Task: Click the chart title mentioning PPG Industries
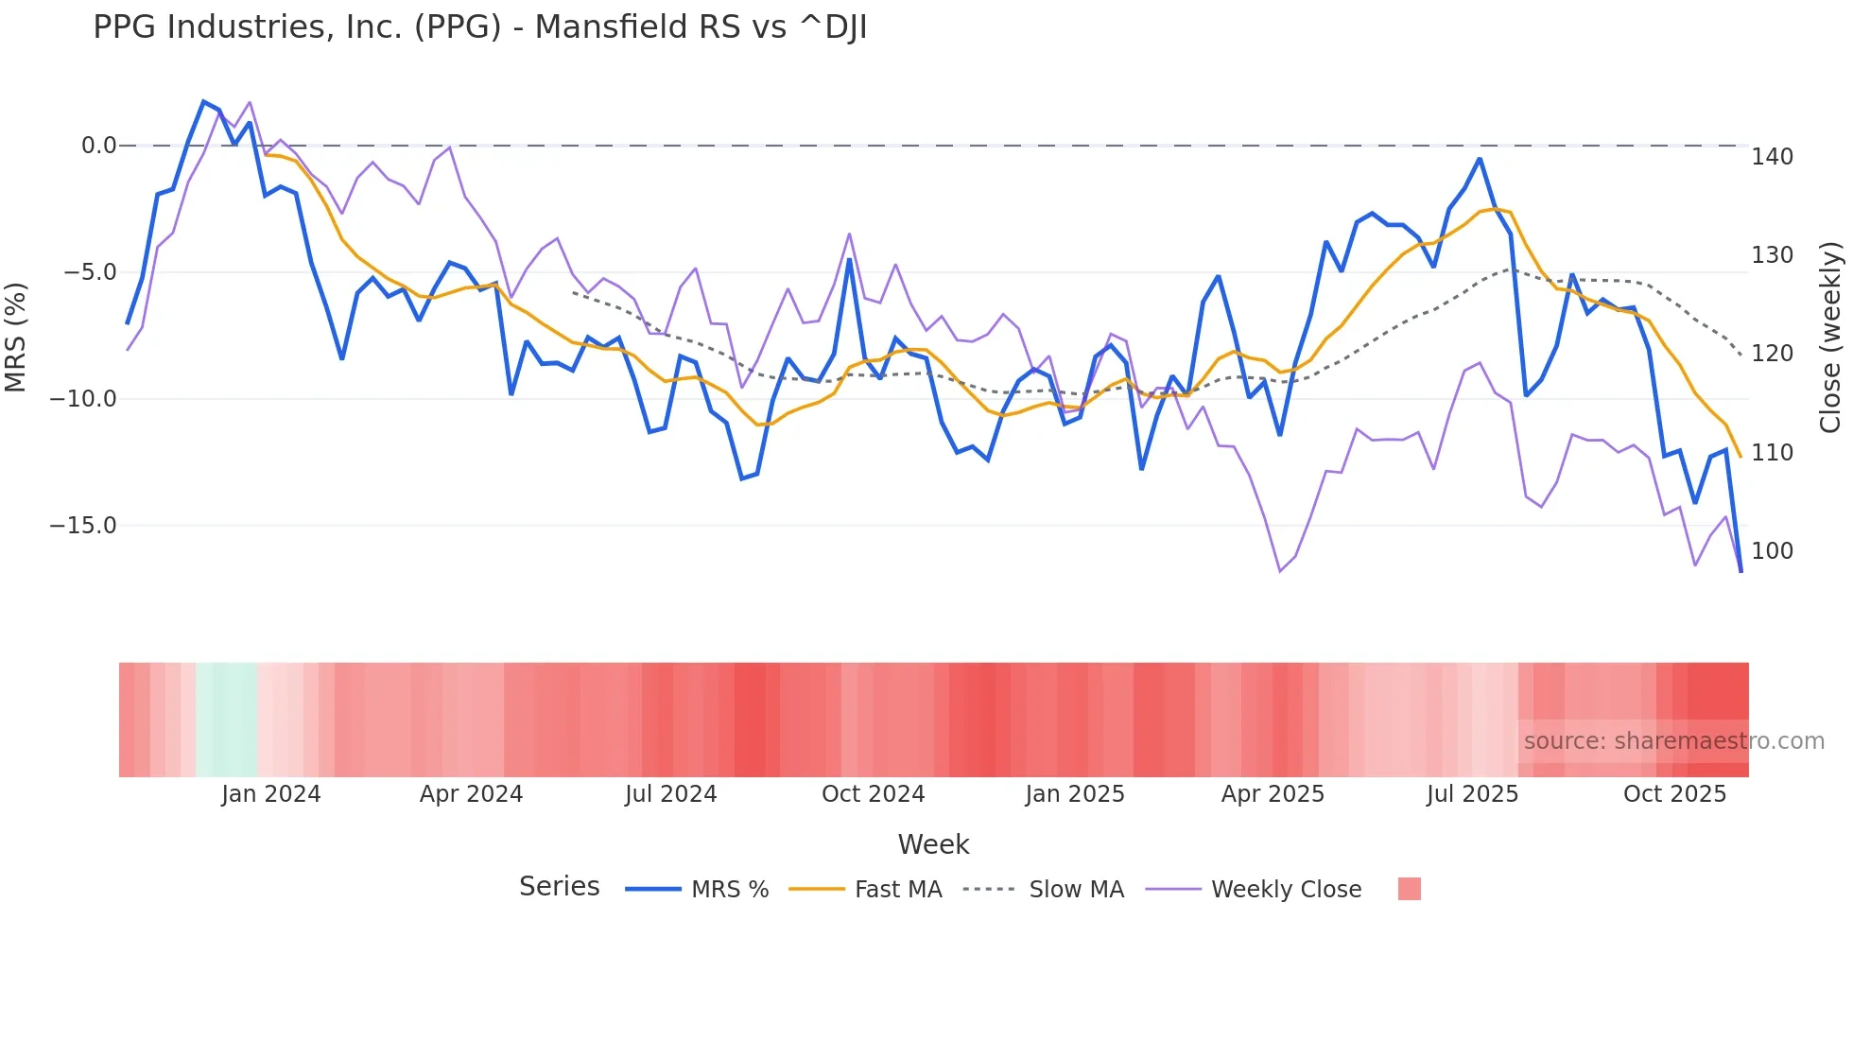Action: point(479,27)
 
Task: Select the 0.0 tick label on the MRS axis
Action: point(98,146)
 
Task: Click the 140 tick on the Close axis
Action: point(1772,157)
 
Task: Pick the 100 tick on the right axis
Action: point(1772,551)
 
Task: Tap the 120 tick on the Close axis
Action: point(1772,354)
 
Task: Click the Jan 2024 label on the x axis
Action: point(271,794)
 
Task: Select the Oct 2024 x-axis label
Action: point(873,794)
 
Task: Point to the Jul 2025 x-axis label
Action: point(1472,794)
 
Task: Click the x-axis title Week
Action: point(933,844)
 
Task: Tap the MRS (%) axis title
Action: point(15,337)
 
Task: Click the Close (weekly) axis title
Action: point(1831,338)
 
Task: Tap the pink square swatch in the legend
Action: point(1409,889)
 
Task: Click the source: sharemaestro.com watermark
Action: point(1673,741)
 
